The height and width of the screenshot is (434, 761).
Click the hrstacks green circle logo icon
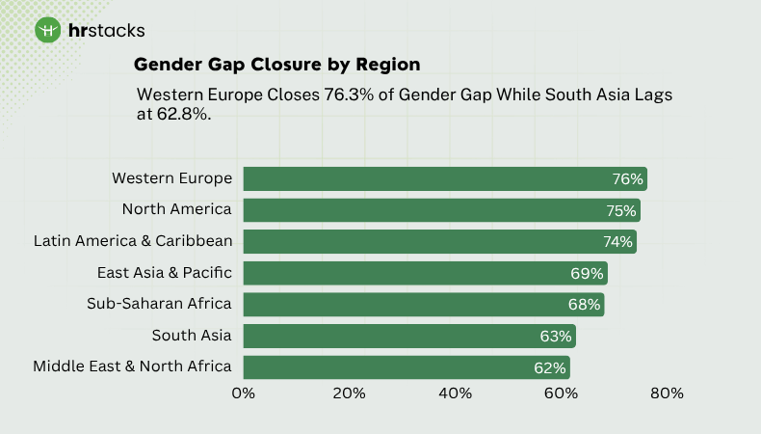coord(48,30)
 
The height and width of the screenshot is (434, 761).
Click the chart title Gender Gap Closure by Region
coord(276,65)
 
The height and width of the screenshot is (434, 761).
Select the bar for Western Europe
coord(444,178)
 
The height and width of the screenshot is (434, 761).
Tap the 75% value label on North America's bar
coord(621,210)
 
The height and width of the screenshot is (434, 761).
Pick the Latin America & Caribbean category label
coord(133,241)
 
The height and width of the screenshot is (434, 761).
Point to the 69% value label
coord(586,273)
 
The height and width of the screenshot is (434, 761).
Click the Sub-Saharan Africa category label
coord(159,304)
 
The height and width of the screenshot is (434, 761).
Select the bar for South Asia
coord(408,336)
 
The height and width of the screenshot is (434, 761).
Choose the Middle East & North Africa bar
coord(406,367)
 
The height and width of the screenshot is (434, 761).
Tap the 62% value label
coord(550,367)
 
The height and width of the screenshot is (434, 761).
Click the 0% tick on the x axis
coord(244,393)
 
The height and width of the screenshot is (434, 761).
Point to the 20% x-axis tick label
coord(349,393)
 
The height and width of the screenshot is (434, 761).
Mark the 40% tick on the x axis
coord(455,393)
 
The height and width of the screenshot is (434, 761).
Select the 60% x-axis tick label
coord(561,393)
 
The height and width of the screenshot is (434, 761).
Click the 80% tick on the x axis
coord(667,393)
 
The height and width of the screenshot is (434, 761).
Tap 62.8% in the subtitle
coord(182,114)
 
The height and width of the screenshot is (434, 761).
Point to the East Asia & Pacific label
coord(165,273)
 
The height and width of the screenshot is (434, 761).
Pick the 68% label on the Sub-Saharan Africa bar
coord(583,305)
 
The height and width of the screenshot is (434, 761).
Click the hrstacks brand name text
coord(107,31)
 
